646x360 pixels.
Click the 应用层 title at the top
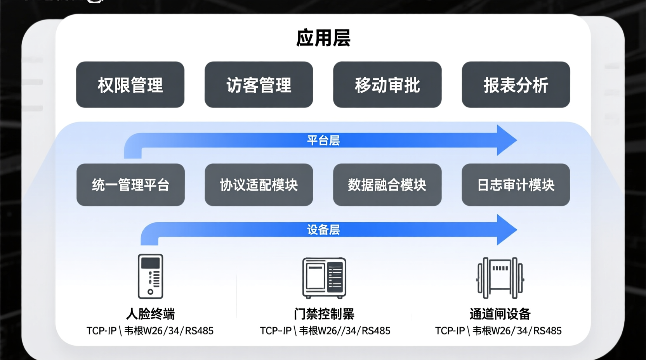(323, 38)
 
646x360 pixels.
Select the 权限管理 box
(130, 85)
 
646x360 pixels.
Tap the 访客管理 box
(259, 85)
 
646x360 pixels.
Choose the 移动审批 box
(387, 85)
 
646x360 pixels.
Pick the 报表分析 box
(516, 85)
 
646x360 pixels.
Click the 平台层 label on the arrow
(323, 140)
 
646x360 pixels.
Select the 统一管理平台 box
(130, 185)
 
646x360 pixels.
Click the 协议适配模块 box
(259, 185)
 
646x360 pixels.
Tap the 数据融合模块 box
(387, 185)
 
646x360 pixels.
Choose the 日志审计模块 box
(516, 185)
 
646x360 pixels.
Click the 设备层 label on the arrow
(323, 230)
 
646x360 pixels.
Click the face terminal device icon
(150, 276)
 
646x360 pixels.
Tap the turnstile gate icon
(500, 278)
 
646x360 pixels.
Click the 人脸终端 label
(150, 313)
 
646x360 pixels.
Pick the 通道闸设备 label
(500, 313)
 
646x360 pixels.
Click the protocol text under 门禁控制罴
(325, 331)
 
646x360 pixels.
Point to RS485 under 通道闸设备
(547, 331)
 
